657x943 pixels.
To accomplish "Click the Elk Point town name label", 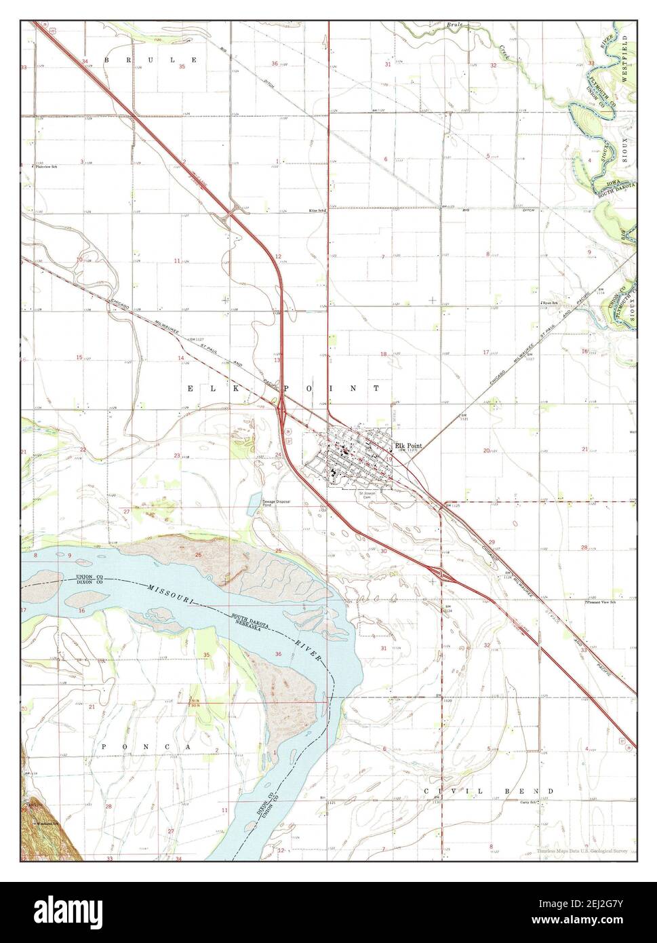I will pyautogui.click(x=409, y=445).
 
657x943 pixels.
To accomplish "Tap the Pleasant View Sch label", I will pyautogui.click(x=602, y=601).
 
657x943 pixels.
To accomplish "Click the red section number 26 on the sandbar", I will pyautogui.click(x=198, y=555).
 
